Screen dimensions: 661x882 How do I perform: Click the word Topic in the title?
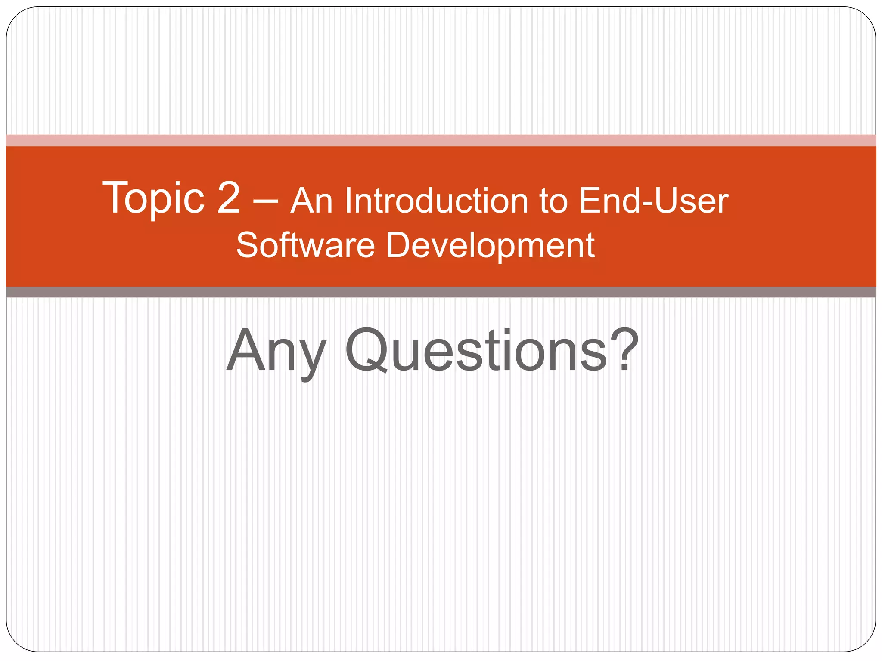pyautogui.click(x=153, y=198)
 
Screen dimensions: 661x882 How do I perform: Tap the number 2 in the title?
pyautogui.click(x=228, y=198)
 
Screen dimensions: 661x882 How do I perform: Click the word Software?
pyautogui.click(x=305, y=245)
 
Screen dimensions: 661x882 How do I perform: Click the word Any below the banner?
pyautogui.click(x=276, y=351)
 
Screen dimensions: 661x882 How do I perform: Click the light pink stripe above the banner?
pyautogui.click(x=441, y=140)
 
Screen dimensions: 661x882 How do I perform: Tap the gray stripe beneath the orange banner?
pyautogui.click(x=441, y=292)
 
